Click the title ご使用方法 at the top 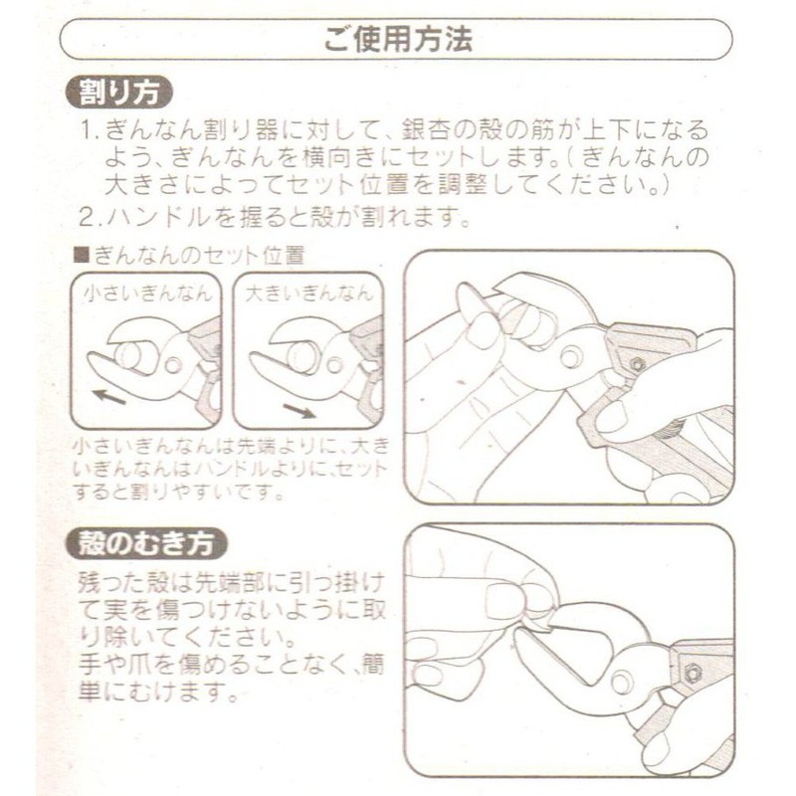coord(397,40)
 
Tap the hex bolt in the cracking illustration coord(636,363)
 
